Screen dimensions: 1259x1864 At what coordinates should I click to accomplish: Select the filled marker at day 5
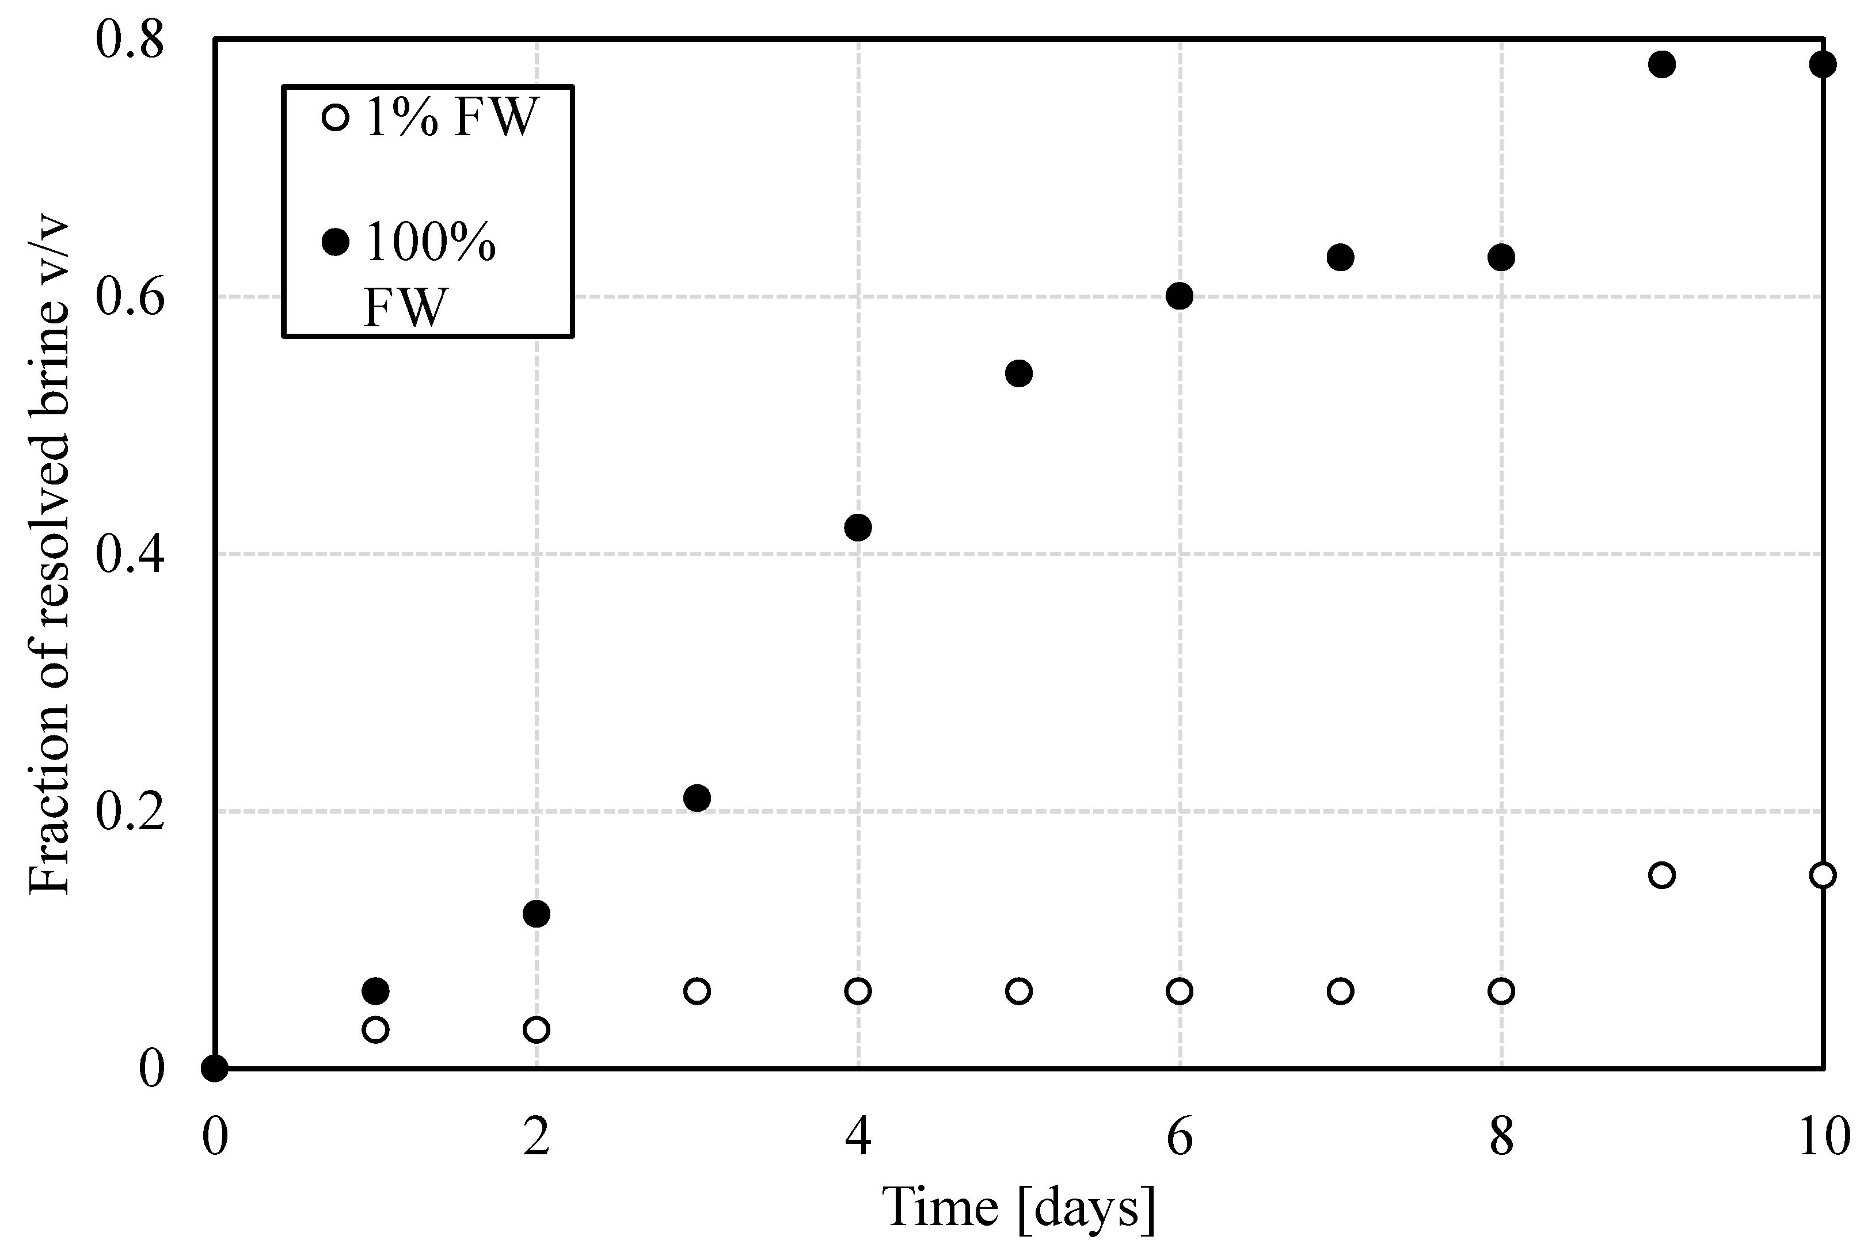coord(1018,373)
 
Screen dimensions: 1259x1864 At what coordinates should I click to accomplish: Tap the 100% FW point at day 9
coord(1662,64)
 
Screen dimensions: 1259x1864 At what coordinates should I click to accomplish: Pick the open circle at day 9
coord(1662,874)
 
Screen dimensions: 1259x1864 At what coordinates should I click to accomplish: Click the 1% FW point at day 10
coord(1823,874)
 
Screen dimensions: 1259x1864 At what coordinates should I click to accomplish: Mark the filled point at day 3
coord(697,798)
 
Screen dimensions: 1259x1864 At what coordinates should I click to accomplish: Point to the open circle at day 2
coord(536,1029)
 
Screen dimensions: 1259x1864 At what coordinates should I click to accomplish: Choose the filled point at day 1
coord(375,991)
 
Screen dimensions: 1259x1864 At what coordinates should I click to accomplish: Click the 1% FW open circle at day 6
coord(1179,991)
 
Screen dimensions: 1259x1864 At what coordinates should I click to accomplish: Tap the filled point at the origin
coord(214,1068)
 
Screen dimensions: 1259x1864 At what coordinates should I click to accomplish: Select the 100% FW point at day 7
coord(1340,257)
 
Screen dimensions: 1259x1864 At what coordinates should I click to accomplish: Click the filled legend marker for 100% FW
coord(335,241)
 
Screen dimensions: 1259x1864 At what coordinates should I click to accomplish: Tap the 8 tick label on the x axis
coord(1501,1137)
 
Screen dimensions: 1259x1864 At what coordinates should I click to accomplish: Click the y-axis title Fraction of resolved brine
coord(50,554)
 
